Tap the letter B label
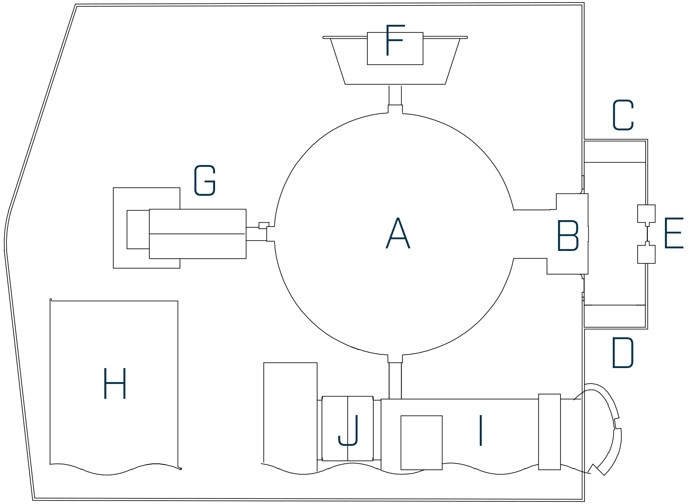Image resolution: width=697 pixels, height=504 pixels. (568, 236)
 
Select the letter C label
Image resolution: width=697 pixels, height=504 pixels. (623, 115)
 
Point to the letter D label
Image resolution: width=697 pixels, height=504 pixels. (622, 353)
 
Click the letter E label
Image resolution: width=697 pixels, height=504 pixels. (674, 233)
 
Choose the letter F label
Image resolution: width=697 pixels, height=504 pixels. (394, 40)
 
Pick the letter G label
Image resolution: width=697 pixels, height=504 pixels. (205, 181)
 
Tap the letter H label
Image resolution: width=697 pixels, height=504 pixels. (115, 384)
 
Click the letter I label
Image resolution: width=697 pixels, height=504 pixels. (481, 430)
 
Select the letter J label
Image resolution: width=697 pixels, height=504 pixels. (349, 430)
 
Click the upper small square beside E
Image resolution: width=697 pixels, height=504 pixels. (646, 213)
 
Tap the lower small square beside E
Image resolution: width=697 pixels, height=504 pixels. (646, 254)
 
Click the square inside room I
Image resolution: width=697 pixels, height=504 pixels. (421, 442)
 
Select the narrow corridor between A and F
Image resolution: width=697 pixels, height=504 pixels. (395, 95)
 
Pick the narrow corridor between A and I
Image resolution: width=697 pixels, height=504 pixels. (395, 380)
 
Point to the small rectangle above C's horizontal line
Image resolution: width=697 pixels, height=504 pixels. (614, 152)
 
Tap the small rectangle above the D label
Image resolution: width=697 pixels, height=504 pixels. (614, 316)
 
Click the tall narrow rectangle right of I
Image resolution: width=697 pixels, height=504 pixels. (549, 432)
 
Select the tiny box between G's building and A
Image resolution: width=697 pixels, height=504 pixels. (263, 225)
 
